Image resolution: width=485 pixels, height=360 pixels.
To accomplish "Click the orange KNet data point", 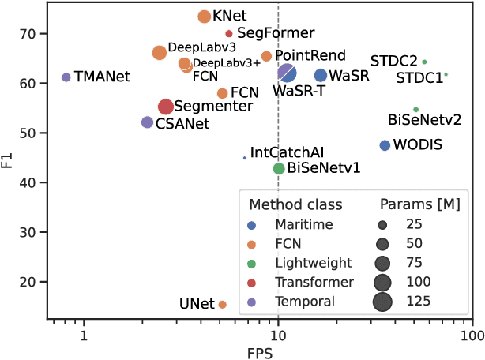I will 204,17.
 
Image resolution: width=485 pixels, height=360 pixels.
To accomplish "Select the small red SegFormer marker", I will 229,34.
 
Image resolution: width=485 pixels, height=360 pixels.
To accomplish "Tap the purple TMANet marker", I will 66,77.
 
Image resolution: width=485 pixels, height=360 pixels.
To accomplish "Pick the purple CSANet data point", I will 147,122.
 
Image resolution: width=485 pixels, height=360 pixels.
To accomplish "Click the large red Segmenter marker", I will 166,107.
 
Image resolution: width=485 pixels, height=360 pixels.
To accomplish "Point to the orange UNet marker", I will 222,304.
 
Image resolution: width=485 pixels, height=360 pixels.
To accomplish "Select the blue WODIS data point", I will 385,145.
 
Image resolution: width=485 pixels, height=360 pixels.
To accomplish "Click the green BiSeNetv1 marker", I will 278,168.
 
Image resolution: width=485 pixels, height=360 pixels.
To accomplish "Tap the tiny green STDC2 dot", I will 424,62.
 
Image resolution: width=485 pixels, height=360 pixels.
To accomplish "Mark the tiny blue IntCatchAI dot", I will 245,158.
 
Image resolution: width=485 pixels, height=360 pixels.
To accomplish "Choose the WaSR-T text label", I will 299,91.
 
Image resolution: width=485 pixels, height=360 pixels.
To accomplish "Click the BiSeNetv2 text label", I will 424,120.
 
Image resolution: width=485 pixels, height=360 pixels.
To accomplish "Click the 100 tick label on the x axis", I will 472,335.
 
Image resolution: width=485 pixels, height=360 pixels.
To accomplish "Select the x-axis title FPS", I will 265,351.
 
